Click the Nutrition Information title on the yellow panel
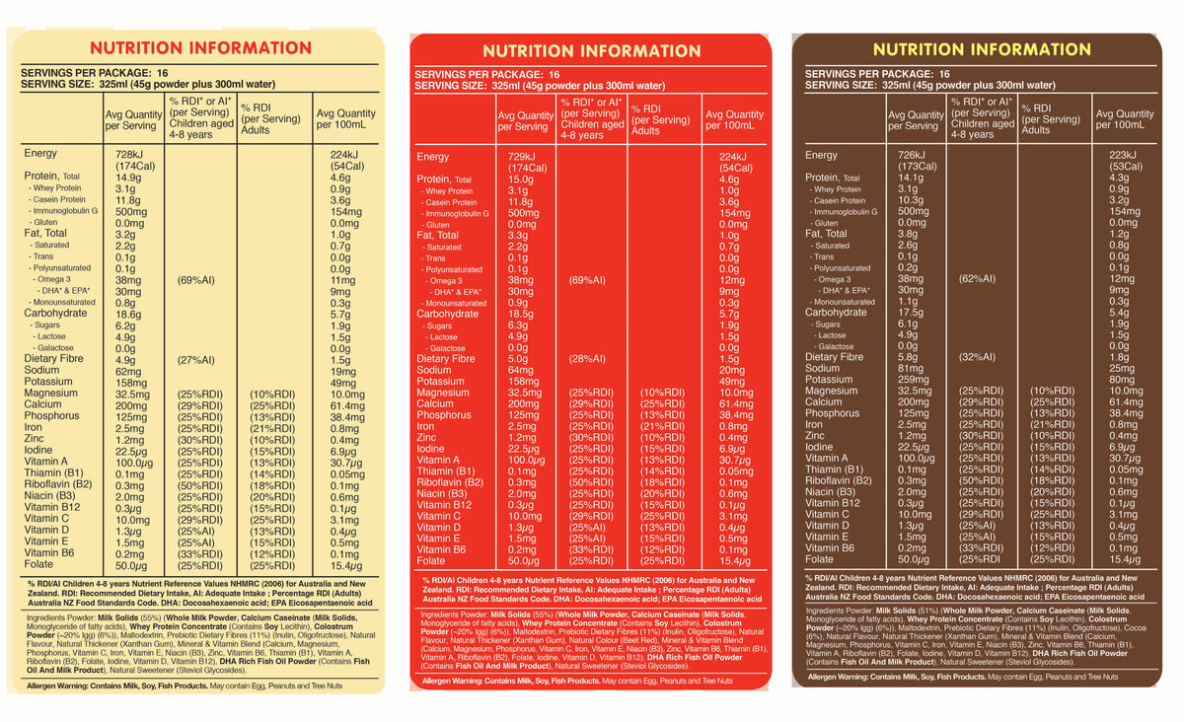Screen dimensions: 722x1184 click(200, 47)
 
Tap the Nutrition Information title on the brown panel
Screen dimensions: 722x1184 click(982, 48)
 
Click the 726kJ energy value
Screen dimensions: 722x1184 click(905, 155)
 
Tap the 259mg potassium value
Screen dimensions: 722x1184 click(904, 379)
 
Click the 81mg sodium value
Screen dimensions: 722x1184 click(901, 368)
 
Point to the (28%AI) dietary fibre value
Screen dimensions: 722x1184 click(588, 359)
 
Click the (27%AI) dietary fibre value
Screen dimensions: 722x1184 click(197, 359)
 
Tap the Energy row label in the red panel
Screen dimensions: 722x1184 click(432, 157)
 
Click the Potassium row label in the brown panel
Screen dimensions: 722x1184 click(829, 379)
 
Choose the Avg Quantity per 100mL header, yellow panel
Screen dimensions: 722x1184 click(345, 119)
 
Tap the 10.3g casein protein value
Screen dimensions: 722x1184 click(905, 199)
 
